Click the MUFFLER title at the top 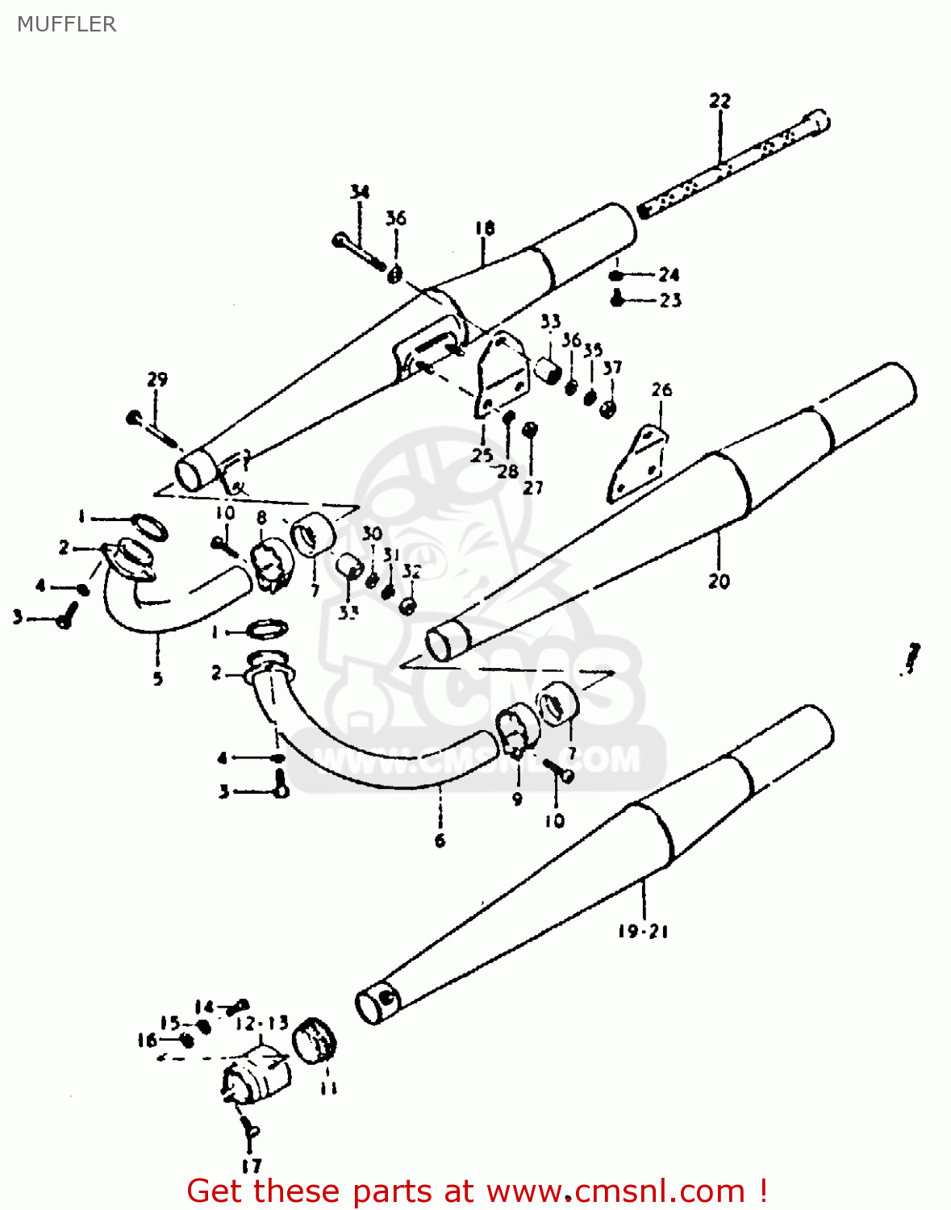[66, 24]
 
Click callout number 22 [720, 101]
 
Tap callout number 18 [484, 228]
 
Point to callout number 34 [360, 192]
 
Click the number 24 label [669, 275]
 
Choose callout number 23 [670, 301]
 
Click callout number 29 [157, 379]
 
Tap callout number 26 [661, 390]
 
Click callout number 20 [718, 580]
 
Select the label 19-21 [643, 932]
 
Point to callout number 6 [440, 841]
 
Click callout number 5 [157, 679]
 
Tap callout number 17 [252, 1166]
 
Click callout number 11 [327, 1088]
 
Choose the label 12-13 [262, 1024]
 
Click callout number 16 [147, 1041]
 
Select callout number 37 [613, 368]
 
